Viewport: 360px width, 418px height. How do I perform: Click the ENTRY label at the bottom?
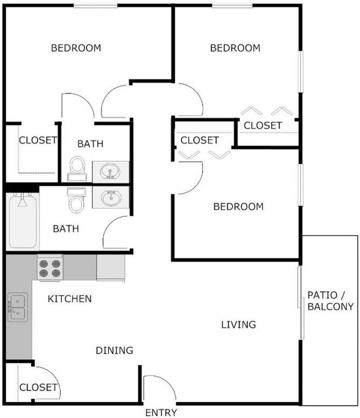[x=161, y=413]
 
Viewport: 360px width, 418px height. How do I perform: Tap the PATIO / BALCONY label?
[x=330, y=301]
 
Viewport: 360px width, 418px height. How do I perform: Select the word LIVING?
[x=239, y=324]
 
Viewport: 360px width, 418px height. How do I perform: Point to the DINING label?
[x=114, y=350]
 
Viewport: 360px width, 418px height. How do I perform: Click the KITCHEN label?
[x=69, y=298]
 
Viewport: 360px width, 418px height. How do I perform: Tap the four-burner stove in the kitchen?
[x=49, y=268]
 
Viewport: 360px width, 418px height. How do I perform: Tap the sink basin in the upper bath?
[x=110, y=170]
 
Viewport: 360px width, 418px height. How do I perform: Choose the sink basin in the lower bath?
[x=110, y=197]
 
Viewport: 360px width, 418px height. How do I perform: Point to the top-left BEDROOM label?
[x=76, y=47]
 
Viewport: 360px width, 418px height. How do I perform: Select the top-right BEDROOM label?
[x=235, y=48]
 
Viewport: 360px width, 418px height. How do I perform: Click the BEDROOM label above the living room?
[x=238, y=207]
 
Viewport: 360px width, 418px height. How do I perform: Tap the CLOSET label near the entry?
[x=38, y=387]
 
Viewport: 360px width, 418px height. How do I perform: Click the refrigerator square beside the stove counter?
[x=110, y=268]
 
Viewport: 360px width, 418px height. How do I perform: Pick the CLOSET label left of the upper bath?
[x=38, y=140]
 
